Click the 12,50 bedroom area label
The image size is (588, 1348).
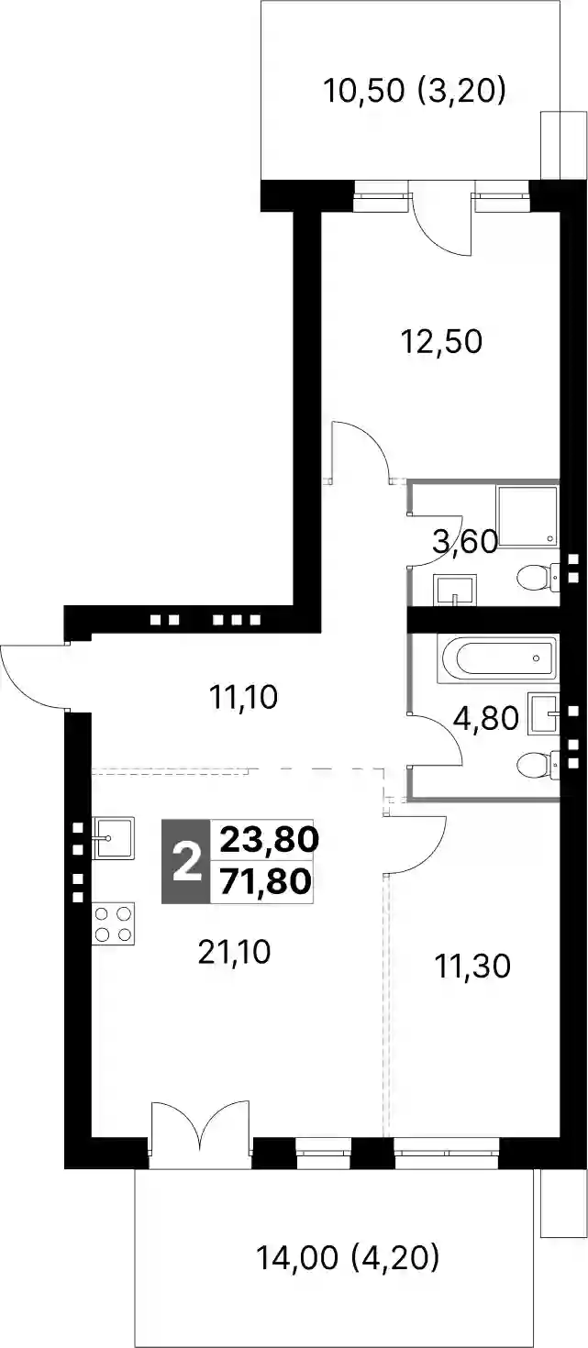click(442, 342)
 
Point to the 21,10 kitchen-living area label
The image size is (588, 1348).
click(235, 952)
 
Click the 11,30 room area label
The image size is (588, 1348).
click(472, 966)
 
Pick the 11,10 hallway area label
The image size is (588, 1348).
click(243, 698)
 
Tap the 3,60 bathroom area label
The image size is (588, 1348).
click(466, 542)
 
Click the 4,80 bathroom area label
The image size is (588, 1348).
click(486, 719)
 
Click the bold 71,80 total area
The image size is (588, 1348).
click(265, 883)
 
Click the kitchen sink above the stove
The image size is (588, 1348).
click(114, 838)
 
